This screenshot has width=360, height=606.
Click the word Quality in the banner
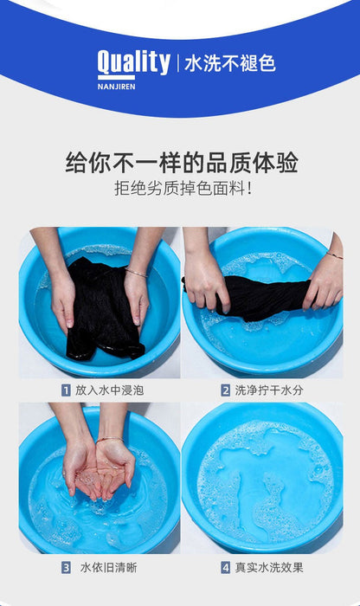coord(133,62)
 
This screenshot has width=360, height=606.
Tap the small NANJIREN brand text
coord(116,87)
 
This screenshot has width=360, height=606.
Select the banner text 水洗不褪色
coord(230,63)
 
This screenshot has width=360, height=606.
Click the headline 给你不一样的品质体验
coord(182,163)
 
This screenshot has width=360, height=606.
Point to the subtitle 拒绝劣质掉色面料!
coord(183,189)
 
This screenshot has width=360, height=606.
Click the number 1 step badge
coord(66,390)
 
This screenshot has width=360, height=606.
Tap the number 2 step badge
coord(226,390)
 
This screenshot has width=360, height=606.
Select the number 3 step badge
coord(66,568)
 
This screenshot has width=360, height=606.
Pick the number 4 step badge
coord(226,568)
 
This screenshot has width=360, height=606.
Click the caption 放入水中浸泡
coord(109,390)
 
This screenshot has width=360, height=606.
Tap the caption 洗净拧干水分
coord(269,390)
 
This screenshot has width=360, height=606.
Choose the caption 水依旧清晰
coord(108,568)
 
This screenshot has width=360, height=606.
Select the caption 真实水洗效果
coord(269,568)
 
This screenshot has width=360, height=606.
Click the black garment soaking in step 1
coord(102,309)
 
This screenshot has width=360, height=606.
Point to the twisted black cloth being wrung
coord(263,296)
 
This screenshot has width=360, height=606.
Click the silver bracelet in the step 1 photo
coord(136,273)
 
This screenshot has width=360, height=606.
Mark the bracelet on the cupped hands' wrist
coord(110,440)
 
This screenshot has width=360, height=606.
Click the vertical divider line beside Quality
coord(178,63)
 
